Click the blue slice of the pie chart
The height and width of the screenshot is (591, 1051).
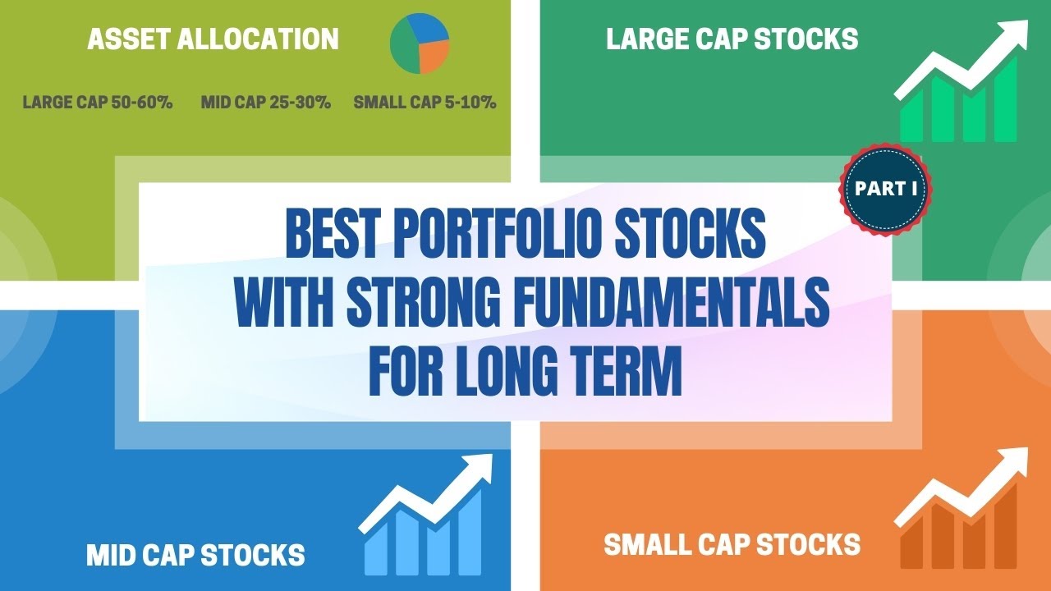point(431,29)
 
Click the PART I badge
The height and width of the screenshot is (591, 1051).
point(885,189)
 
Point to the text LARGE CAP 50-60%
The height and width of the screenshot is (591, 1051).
point(98,103)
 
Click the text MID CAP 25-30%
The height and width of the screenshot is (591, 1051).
point(265,103)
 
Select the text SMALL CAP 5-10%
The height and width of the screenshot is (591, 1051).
point(425,103)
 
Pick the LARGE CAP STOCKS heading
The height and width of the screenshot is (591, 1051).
point(732,39)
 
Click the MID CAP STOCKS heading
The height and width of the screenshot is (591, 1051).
point(195,555)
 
